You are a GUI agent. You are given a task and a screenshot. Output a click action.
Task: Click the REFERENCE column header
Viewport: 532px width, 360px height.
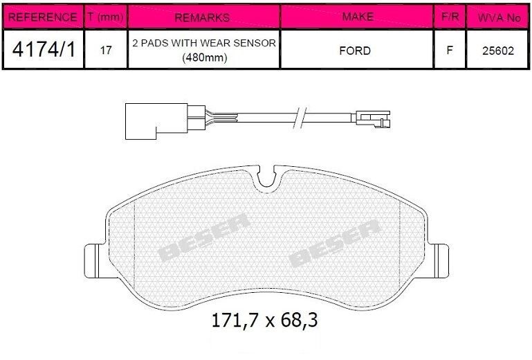click(x=43, y=17)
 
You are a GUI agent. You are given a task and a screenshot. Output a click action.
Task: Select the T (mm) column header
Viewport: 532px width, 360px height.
click(x=106, y=17)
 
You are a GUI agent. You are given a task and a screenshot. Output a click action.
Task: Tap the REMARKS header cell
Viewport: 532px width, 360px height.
click(x=202, y=17)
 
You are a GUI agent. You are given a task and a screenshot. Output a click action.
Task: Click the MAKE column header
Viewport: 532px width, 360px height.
click(x=358, y=17)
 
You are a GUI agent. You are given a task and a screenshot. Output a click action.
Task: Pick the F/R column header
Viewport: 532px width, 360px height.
click(x=450, y=17)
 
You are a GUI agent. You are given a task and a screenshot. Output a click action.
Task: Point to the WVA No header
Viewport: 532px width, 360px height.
click(x=499, y=18)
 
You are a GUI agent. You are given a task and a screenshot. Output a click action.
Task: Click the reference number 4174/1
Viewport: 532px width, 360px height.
click(x=44, y=50)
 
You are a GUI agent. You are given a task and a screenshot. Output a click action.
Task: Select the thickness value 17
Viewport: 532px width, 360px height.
click(x=106, y=51)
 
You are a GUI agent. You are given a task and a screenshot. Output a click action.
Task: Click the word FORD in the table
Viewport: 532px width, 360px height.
click(x=355, y=51)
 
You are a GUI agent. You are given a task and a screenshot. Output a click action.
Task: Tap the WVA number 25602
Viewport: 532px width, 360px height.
click(x=498, y=51)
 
